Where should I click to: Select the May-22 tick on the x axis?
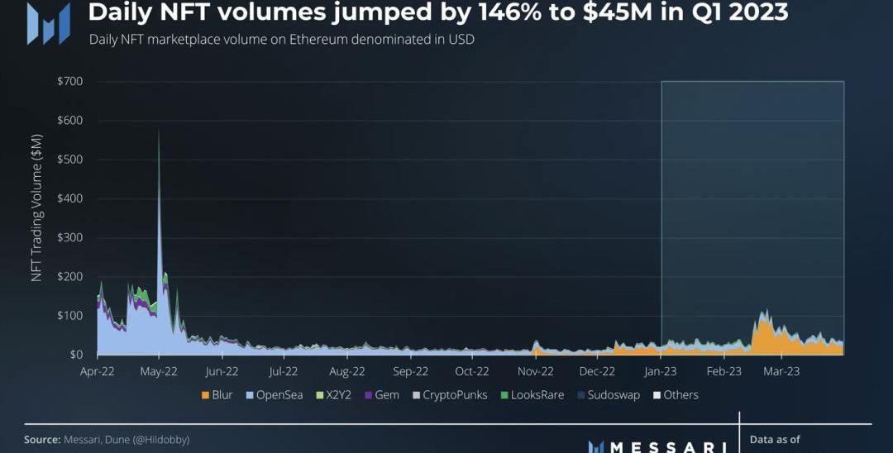(160, 371)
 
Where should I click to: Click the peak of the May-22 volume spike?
(159, 131)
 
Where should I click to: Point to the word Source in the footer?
(42, 440)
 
